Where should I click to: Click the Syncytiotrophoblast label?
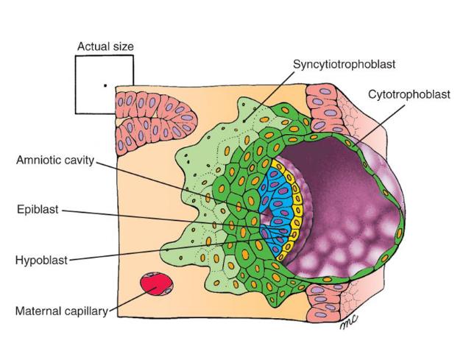(x=344, y=64)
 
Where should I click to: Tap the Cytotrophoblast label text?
(x=409, y=94)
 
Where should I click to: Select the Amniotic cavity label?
(x=55, y=160)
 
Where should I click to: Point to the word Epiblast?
(x=38, y=209)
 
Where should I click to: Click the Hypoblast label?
(x=42, y=260)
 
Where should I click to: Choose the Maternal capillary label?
(x=62, y=311)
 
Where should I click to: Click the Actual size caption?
(x=105, y=46)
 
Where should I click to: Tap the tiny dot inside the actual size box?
(x=105, y=85)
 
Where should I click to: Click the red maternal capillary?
(x=157, y=284)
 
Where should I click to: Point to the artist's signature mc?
(x=348, y=322)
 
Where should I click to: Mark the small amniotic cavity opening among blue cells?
(x=266, y=213)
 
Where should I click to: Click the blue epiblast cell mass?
(x=275, y=208)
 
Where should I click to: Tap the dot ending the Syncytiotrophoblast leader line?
(x=244, y=121)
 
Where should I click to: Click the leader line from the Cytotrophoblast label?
(x=380, y=125)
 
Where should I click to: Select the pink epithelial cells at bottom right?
(x=327, y=300)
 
